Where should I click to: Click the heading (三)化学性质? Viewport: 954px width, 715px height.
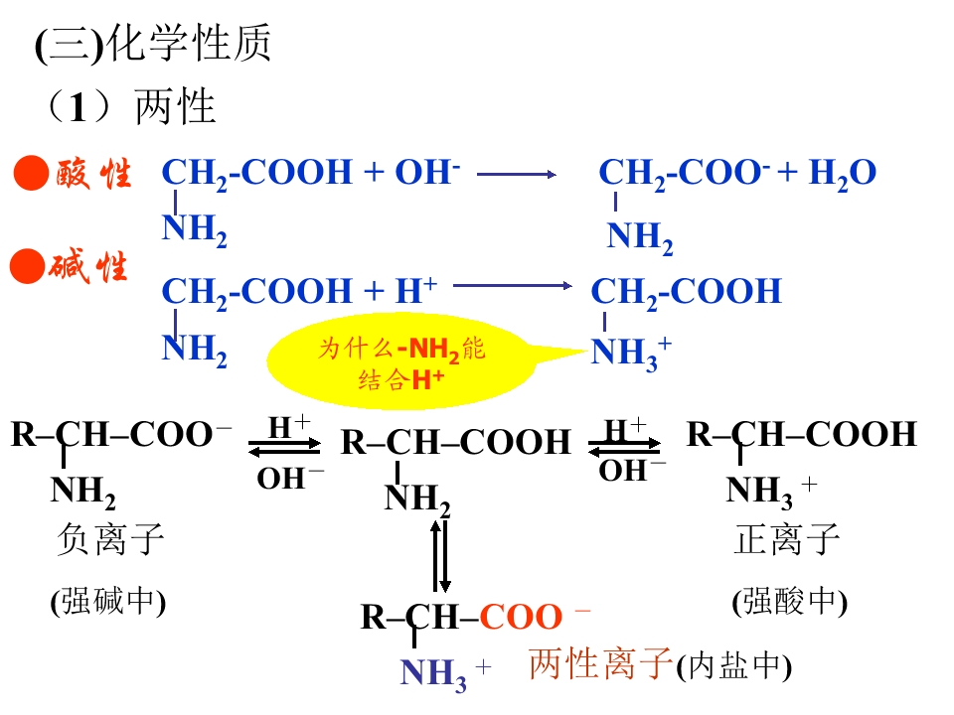point(153,44)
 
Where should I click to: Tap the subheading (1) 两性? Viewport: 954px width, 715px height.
point(131,106)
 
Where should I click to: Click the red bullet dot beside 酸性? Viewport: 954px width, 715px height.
point(31,173)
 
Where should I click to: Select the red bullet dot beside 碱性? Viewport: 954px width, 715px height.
point(28,266)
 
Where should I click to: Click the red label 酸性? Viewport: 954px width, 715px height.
point(93,173)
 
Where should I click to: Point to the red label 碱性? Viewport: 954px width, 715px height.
point(88,266)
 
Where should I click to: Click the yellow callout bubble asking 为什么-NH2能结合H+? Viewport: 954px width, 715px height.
point(401,361)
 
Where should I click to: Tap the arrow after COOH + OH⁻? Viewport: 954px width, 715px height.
point(517,175)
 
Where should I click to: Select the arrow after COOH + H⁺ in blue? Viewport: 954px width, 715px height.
point(513,285)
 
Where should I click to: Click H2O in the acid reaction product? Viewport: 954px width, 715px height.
point(842,173)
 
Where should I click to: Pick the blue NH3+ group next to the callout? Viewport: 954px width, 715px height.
point(631,353)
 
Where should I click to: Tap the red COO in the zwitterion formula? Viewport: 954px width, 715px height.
point(521,617)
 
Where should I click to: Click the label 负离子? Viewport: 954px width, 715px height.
point(110,539)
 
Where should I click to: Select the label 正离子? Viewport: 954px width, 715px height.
point(787,539)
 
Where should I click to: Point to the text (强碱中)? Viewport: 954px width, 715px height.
point(108,602)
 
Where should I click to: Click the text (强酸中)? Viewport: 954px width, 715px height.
point(790,602)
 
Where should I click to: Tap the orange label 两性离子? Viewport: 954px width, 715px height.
point(601,663)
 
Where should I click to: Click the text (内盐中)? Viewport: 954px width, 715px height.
point(733,666)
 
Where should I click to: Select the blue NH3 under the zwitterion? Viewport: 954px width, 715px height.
point(433,674)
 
